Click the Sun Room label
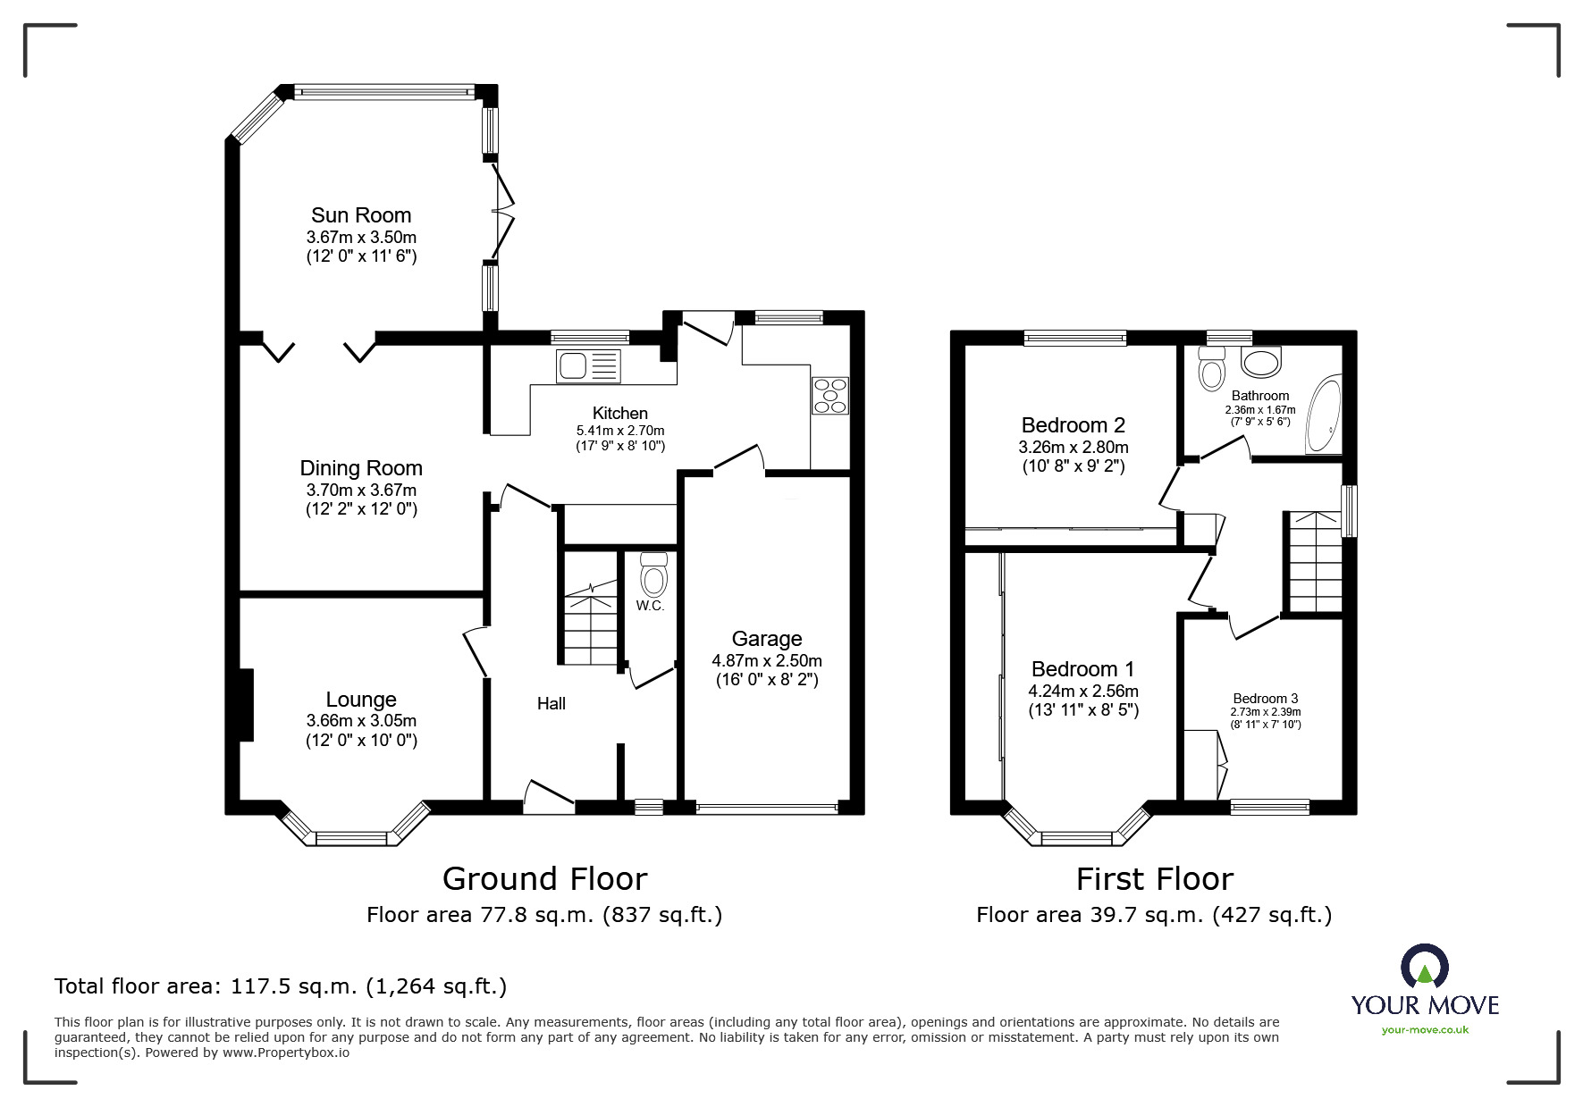pyautogui.click(x=361, y=215)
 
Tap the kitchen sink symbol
pyautogui.click(x=588, y=366)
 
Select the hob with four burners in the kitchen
pyautogui.click(x=829, y=396)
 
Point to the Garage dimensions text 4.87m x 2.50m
pyautogui.click(x=766, y=661)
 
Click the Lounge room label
pyautogui.click(x=361, y=700)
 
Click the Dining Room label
pyautogui.click(x=361, y=468)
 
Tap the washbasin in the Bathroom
pyautogui.click(x=1261, y=362)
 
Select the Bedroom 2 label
pyautogui.click(x=1073, y=425)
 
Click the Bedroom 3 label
pyautogui.click(x=1265, y=699)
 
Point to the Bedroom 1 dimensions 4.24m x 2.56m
pyautogui.click(x=1083, y=691)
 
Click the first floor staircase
pyautogui.click(x=1314, y=563)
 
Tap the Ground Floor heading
pyautogui.click(x=544, y=879)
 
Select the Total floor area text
pyautogui.click(x=281, y=986)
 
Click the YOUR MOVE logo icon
pyautogui.click(x=1424, y=966)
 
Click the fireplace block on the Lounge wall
pyautogui.click(x=246, y=705)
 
